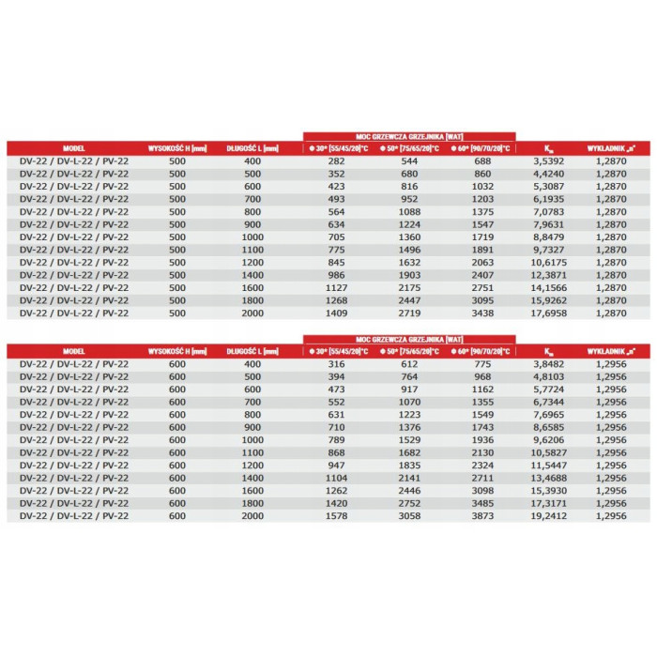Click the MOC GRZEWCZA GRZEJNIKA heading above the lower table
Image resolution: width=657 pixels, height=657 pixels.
408,337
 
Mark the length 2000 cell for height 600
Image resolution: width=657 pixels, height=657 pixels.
252,516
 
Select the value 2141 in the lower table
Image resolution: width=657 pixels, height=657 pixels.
407,478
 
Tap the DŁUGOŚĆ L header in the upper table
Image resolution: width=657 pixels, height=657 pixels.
252,148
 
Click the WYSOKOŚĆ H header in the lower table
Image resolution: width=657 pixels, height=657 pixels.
176,351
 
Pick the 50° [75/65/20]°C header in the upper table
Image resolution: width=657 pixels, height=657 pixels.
407,148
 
